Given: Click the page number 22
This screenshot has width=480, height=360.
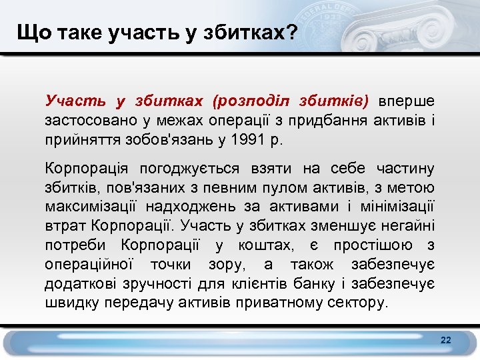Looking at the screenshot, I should (x=446, y=341).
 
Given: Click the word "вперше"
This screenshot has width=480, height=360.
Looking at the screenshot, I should (x=407, y=101).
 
